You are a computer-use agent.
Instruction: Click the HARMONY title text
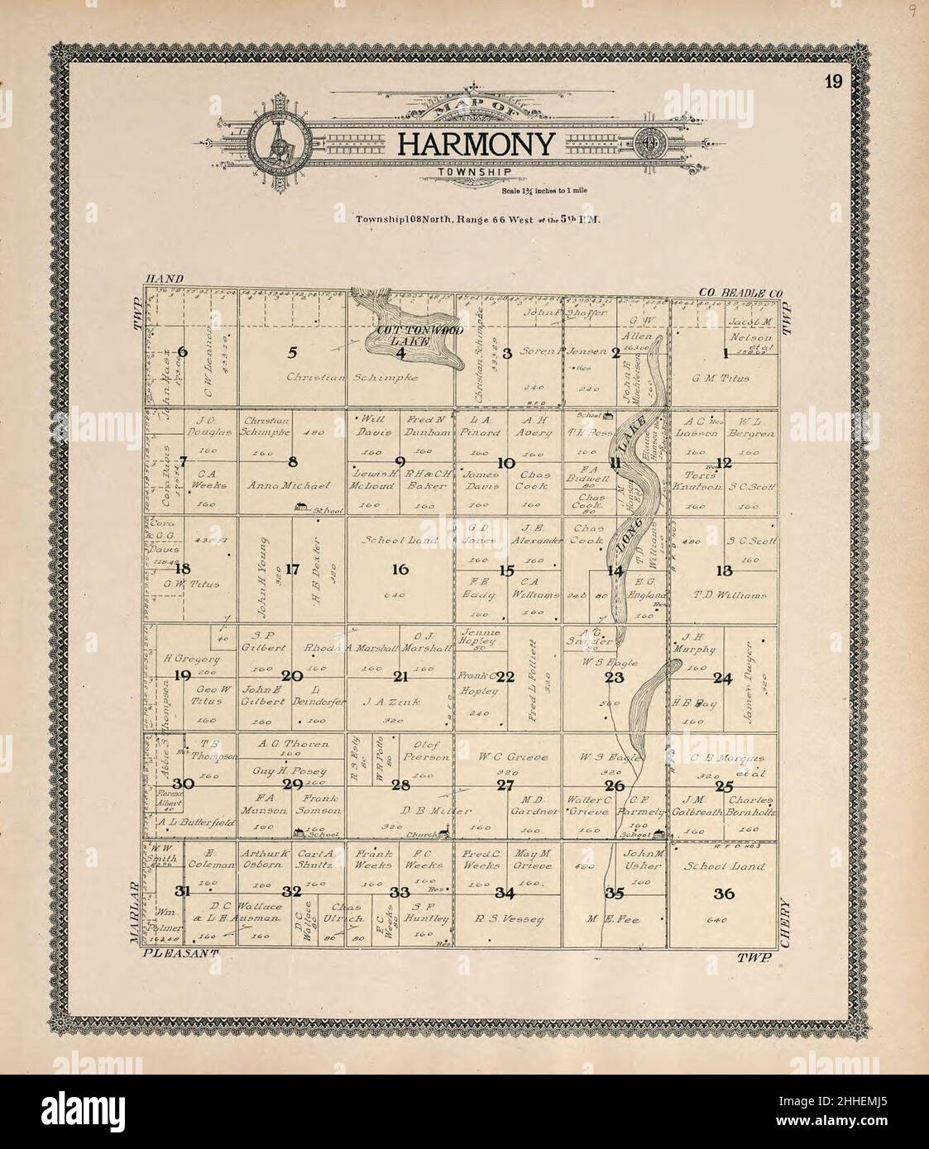(x=475, y=145)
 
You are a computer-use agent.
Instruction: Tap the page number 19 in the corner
(x=832, y=81)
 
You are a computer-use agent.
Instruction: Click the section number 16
(x=400, y=569)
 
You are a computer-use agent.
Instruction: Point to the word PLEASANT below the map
(x=180, y=953)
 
